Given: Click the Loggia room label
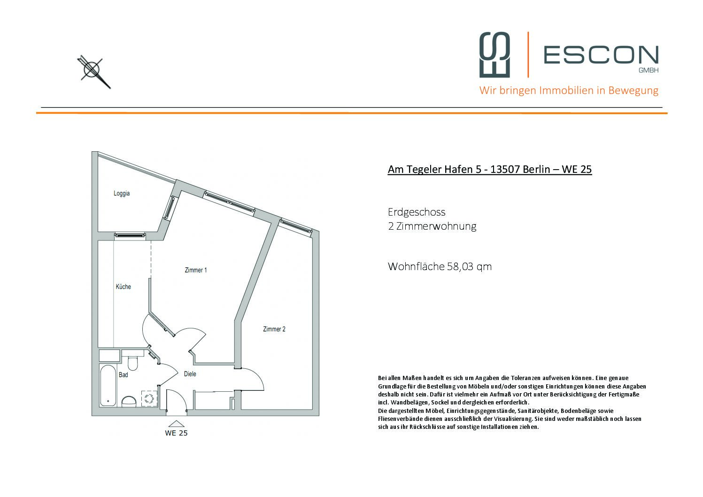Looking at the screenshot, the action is (x=122, y=194).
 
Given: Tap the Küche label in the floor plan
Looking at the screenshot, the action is (x=123, y=287).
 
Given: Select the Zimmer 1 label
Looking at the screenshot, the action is (x=195, y=270).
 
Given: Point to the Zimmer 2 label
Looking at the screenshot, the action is (x=274, y=329).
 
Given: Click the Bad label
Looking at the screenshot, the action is (x=123, y=375).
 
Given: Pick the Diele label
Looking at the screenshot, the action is (x=190, y=374).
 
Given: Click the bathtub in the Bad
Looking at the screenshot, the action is (x=108, y=386).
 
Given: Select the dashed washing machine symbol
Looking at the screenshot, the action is (x=149, y=398).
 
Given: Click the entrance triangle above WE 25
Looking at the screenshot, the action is (x=177, y=424).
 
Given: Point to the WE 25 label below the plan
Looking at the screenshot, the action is (x=176, y=433).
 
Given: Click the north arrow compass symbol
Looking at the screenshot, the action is (x=93, y=71).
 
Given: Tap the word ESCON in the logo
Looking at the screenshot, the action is (x=601, y=54).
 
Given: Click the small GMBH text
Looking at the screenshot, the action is (x=649, y=70).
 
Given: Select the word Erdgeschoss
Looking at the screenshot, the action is (x=417, y=212).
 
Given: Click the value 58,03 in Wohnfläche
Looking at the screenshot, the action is (x=460, y=266).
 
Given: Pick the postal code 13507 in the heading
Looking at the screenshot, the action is (x=505, y=169).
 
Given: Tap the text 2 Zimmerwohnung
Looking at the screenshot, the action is (x=432, y=226).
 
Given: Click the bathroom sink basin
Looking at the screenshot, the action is (x=129, y=401).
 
